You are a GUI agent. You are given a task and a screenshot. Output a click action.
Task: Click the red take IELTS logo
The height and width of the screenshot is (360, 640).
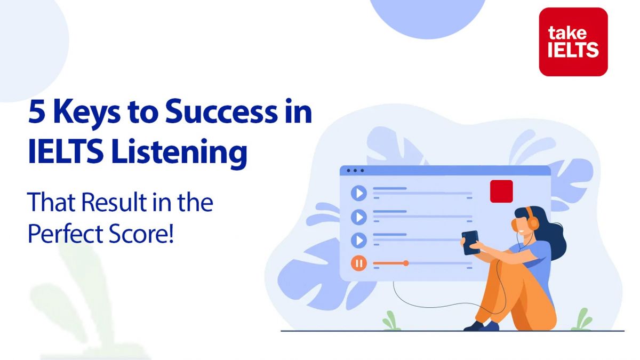pyautogui.click(x=573, y=42)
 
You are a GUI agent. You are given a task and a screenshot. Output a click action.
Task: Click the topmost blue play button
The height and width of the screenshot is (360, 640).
pyautogui.click(x=359, y=193)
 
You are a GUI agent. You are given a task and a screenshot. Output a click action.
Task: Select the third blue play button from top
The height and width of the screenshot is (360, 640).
pyautogui.click(x=359, y=240)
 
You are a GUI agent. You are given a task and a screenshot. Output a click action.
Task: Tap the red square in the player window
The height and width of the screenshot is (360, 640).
pyautogui.click(x=501, y=191)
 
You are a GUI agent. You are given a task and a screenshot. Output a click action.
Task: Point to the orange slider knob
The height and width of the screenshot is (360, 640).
pyautogui.click(x=406, y=263)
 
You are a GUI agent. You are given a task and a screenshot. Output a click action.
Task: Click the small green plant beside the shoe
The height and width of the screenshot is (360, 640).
pyautogui.click(x=391, y=321)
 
